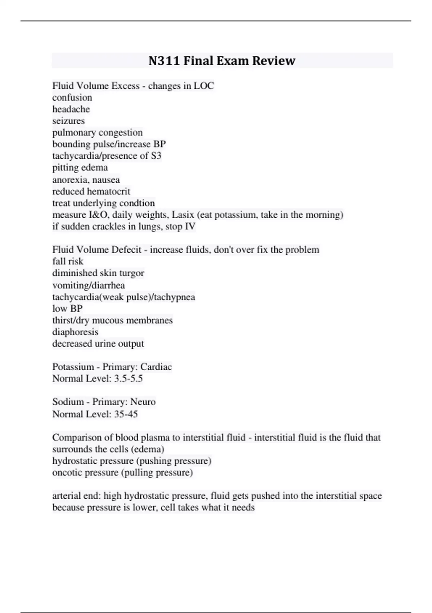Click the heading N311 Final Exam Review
click(222, 61)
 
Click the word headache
click(71, 109)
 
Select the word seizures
click(68, 121)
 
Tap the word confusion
click(72, 97)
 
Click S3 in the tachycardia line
click(156, 156)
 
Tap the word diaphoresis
click(75, 332)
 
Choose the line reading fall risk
click(68, 261)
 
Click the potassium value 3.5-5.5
click(128, 379)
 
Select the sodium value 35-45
click(126, 414)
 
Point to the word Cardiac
click(156, 367)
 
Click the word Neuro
click(143, 402)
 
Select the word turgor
click(132, 273)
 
